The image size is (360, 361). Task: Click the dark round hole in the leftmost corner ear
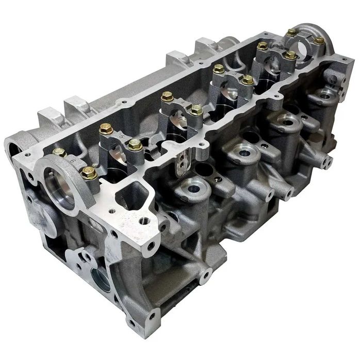11,150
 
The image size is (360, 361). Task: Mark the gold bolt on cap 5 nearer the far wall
106,129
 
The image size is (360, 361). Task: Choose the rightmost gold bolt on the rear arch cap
319,40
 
